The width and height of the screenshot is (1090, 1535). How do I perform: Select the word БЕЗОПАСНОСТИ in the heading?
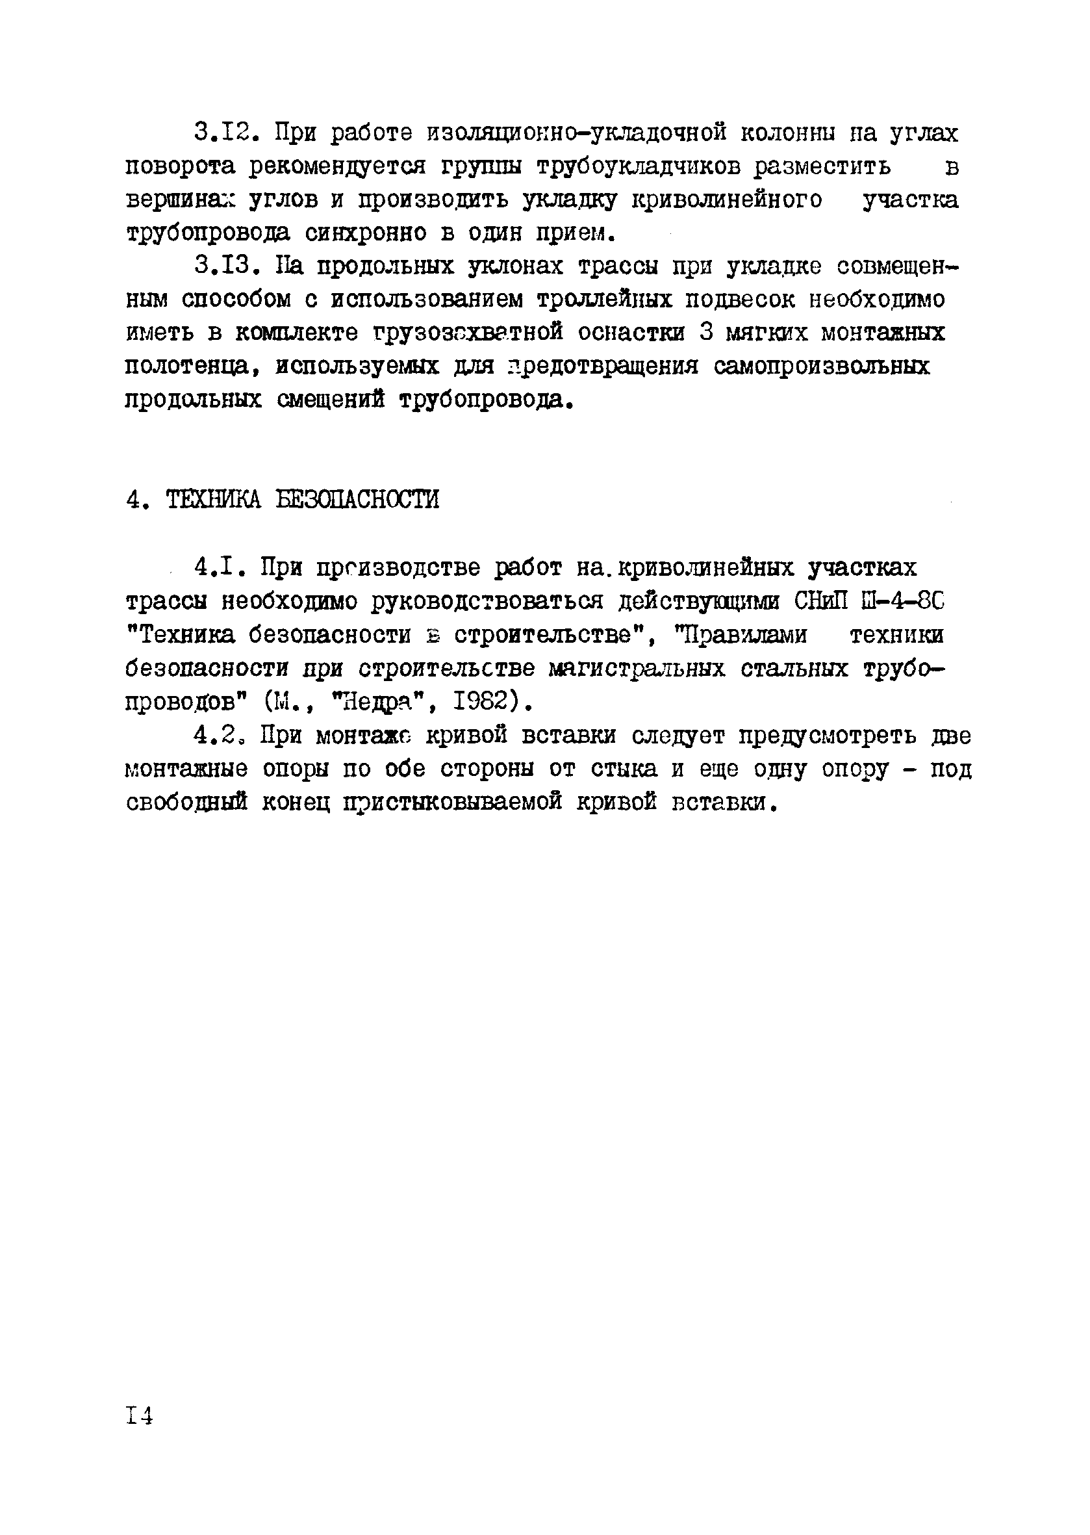click(x=358, y=500)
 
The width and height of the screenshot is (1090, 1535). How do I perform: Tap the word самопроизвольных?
click(x=822, y=367)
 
